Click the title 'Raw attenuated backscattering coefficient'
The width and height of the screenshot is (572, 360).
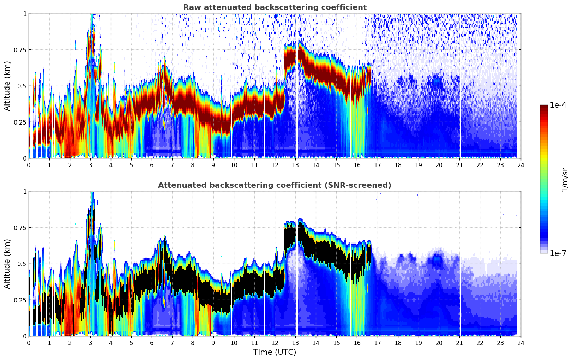275,7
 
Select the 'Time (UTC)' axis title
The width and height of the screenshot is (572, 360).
275,352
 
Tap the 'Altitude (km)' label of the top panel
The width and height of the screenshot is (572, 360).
7,86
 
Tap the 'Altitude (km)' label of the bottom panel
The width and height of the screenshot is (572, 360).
7,264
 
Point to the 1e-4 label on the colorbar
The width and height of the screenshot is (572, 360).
558,106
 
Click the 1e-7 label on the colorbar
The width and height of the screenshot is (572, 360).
558,253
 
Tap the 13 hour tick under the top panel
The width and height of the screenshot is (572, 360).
295,165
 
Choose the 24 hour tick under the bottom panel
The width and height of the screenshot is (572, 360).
520,343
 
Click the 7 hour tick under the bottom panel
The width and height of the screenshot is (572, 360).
172,343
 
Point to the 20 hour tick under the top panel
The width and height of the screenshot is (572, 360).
439,165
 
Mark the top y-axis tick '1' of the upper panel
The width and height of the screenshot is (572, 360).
25,14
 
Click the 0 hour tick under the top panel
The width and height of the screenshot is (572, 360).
29,165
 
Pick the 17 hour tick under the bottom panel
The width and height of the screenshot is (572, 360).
377,343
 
